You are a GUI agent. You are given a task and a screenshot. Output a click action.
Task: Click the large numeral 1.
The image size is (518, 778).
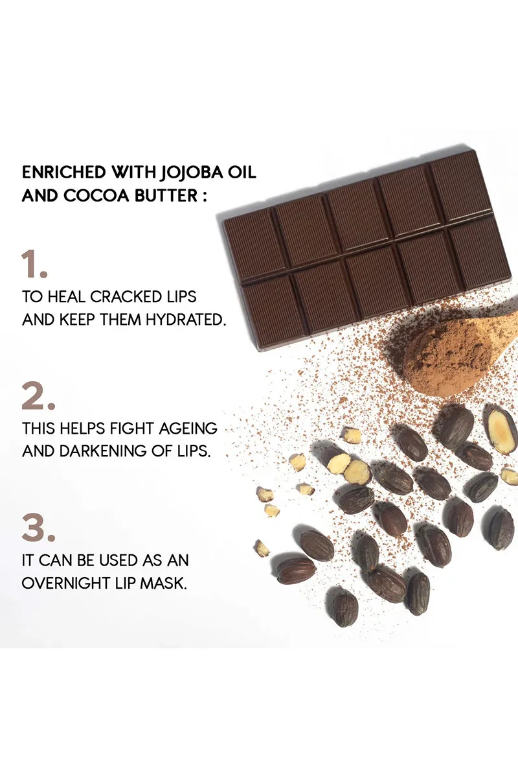[35, 265]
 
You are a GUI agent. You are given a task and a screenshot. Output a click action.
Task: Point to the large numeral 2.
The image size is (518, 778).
[38, 396]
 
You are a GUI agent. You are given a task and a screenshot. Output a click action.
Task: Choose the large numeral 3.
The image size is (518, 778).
[38, 528]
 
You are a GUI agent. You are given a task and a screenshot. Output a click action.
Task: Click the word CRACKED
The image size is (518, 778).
[125, 298]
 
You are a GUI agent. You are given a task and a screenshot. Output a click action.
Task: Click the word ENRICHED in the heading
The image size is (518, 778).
[63, 173]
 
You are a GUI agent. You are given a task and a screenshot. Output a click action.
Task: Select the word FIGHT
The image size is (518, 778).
[135, 429]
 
